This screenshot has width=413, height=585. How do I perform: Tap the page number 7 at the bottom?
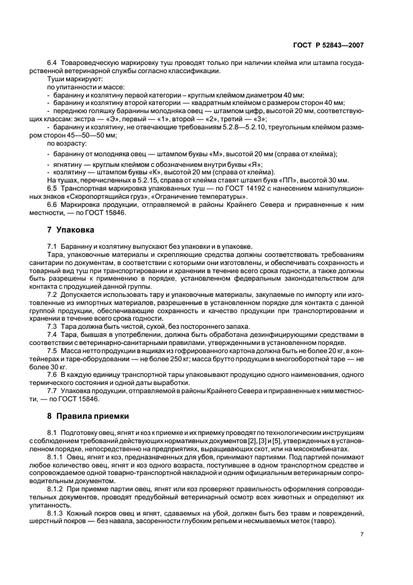[362, 534]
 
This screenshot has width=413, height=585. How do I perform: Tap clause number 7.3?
[52, 326]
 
